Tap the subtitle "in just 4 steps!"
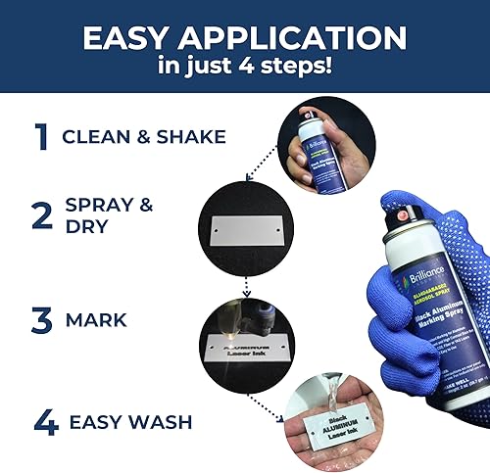[x=244, y=69]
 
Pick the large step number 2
[x=41, y=215]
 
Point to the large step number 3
[x=41, y=320]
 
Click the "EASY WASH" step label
[x=130, y=424]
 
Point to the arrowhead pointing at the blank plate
[x=248, y=178]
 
